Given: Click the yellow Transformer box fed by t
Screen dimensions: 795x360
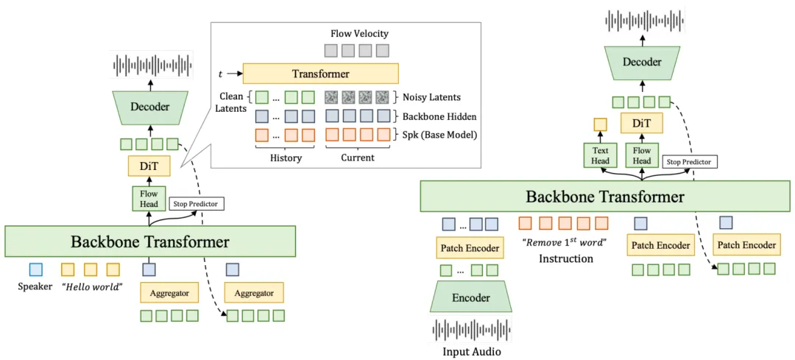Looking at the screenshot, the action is (321, 74).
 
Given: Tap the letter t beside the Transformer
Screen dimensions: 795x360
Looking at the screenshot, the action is (220, 74).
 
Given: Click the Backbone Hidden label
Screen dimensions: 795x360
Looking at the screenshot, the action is (439, 116).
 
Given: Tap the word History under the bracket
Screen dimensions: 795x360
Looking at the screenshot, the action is (284, 158).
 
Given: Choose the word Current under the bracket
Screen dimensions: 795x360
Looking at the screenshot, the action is (358, 158).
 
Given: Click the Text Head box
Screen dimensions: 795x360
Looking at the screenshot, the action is (601, 155).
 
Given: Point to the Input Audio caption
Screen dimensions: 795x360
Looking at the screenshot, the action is (471, 350).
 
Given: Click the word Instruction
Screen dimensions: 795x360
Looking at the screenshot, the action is (566, 259).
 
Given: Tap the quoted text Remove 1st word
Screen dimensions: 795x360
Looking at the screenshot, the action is (564, 242).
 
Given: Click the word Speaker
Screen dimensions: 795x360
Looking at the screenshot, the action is (35, 286).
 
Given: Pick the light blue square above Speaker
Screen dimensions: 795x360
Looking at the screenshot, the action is (35, 269).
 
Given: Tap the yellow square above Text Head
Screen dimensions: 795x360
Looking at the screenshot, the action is (601, 124).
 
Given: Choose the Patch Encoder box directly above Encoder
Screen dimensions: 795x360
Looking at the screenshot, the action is (470, 248).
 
